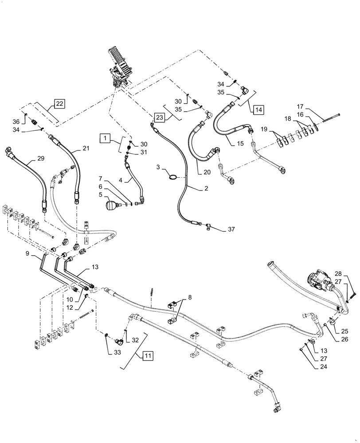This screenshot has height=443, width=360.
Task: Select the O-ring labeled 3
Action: coord(174,178)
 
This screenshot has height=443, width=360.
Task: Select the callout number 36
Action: coord(16,121)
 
